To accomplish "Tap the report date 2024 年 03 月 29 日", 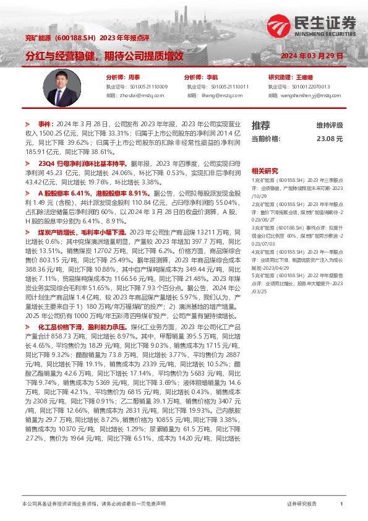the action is [x=312, y=56].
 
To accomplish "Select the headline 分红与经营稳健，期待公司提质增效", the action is [x=104, y=55].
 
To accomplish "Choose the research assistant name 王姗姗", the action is [x=304, y=78].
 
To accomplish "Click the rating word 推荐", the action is [x=261, y=125].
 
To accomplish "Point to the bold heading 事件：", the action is [x=47, y=124].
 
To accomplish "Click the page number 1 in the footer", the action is [x=341, y=505].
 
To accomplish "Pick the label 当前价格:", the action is [x=267, y=140].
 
